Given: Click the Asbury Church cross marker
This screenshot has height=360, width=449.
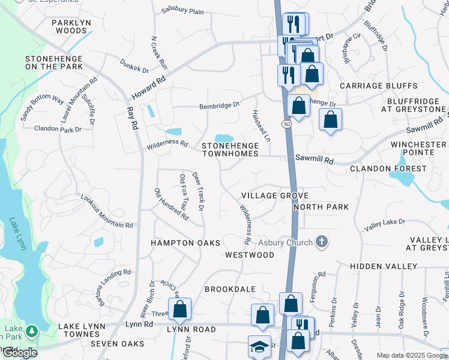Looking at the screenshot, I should click(x=322, y=242).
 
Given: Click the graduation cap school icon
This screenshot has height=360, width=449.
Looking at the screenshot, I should click(x=259, y=347).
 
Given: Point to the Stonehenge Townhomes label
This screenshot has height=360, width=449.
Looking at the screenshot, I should click(x=230, y=149).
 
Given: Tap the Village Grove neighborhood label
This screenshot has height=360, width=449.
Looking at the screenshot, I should click(x=275, y=196).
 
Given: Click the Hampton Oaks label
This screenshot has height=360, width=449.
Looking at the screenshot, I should click(x=185, y=242).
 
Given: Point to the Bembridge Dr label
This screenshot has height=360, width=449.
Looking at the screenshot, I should click(x=220, y=106).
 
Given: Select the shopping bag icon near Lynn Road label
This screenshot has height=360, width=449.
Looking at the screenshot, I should click(x=179, y=310).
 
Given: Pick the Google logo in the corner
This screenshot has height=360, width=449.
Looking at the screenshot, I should click(x=20, y=353).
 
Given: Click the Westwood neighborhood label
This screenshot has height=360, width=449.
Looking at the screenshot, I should click(x=250, y=255).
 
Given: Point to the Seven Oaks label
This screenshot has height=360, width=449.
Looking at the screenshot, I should click(x=117, y=344).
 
